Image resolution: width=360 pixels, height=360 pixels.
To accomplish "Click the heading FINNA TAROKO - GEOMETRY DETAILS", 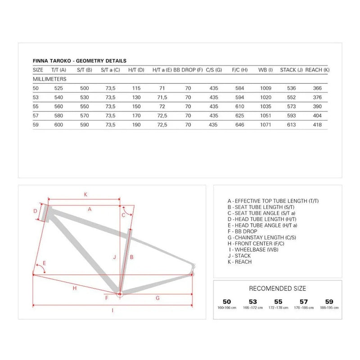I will [x=80, y=61].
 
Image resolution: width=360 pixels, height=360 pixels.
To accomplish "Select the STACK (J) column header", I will [x=291, y=70].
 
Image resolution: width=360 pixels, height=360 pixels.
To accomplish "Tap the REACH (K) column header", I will [x=317, y=70].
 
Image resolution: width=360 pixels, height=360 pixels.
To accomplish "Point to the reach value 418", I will [x=317, y=125].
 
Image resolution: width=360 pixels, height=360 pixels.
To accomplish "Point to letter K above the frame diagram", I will [x=85, y=194].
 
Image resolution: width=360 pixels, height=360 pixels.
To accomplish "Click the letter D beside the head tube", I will [x=35, y=211].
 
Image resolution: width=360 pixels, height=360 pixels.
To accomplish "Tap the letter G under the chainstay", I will [x=157, y=298].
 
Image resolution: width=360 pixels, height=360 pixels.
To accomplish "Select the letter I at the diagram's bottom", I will [x=112, y=310].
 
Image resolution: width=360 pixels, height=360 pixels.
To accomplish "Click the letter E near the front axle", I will [x=44, y=263].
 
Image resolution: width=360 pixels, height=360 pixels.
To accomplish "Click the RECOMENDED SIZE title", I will [x=277, y=288].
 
